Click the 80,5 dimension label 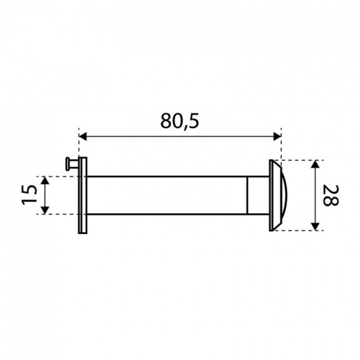point(179,121)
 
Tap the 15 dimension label point(30,195)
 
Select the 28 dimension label point(330,195)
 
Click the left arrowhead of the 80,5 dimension point(83,136)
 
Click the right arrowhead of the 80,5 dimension point(277,136)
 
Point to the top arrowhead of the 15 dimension point(45,180)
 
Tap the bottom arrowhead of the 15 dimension point(45,210)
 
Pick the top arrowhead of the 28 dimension point(315,164)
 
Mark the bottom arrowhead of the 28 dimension point(315,226)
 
